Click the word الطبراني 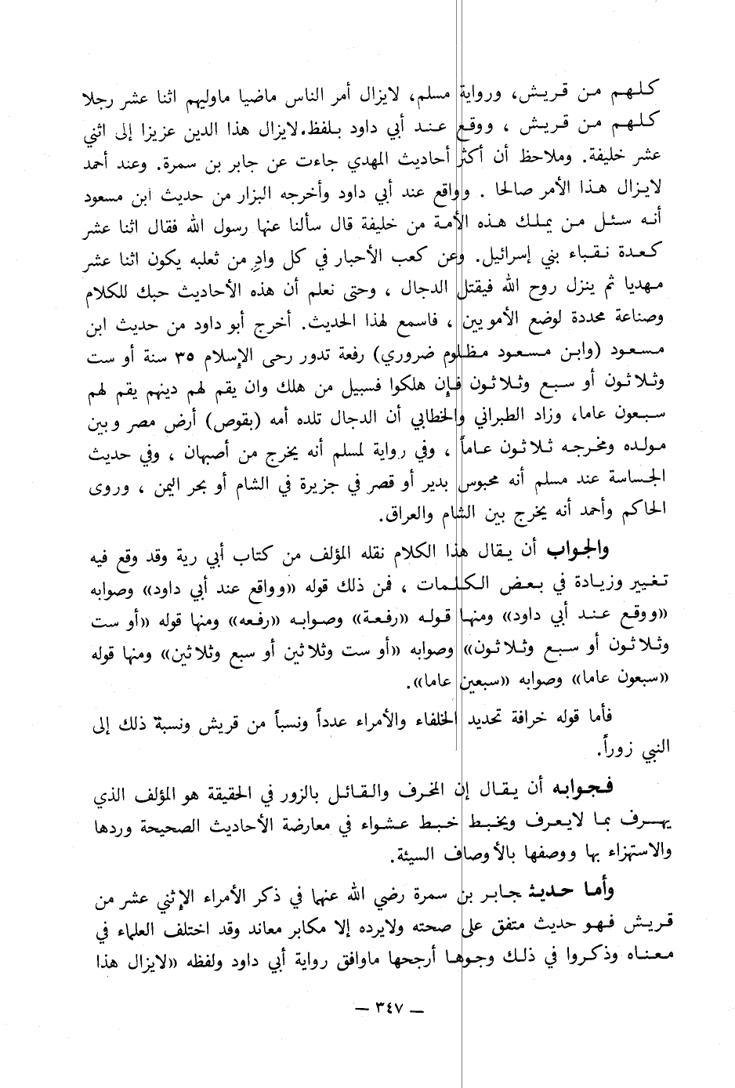(x=497, y=425)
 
